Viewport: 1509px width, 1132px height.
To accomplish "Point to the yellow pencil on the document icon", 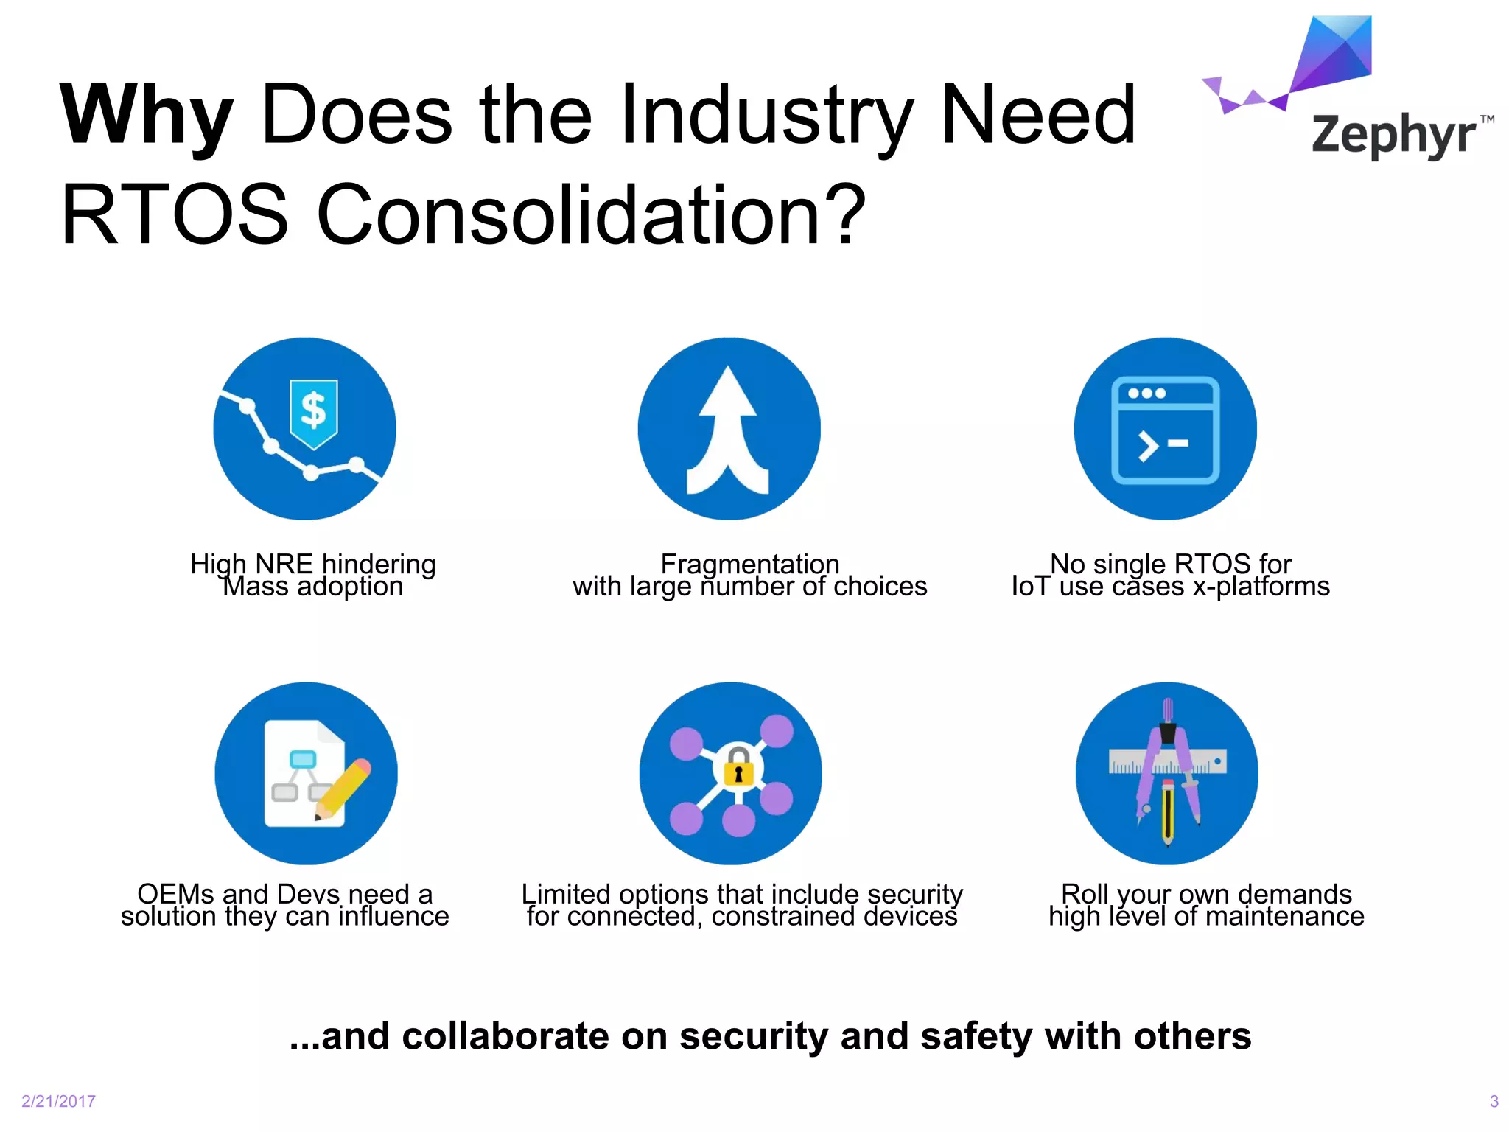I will click(343, 789).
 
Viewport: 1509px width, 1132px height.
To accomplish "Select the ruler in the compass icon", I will click(1168, 761).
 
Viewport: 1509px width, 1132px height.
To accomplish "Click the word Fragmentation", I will click(749, 564).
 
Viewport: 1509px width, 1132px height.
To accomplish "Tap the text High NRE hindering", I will click(313, 564).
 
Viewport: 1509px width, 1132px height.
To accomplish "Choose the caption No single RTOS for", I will click(1170, 564).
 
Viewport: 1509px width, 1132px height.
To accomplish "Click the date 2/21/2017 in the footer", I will click(59, 1101).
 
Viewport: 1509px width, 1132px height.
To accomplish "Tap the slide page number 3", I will click(1494, 1101).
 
